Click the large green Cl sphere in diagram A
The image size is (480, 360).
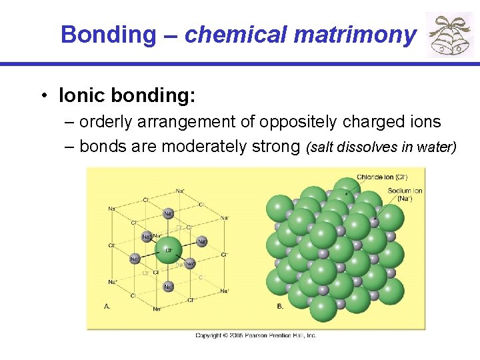169,251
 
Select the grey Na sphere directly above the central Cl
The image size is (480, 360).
169,214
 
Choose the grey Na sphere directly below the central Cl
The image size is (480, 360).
169,287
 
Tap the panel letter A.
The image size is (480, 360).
107,306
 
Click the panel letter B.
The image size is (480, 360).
279,306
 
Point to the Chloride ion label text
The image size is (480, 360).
382,177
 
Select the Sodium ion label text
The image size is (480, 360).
405,195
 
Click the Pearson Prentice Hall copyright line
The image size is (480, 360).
255,335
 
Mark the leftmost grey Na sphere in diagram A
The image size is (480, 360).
135,259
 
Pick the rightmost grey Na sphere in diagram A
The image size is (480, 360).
189,263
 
